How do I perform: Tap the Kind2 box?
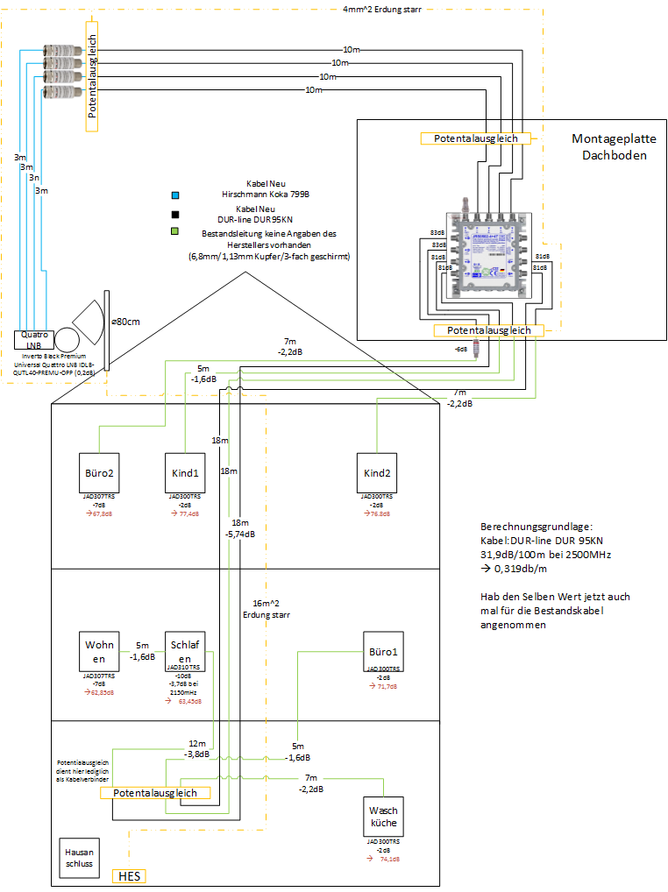click(376, 474)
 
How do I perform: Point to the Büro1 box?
click(382, 652)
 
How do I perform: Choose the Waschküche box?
click(384, 818)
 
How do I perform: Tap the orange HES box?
click(130, 876)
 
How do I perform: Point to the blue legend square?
click(175, 195)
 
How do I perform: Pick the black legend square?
click(175, 214)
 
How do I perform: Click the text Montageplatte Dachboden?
click(609, 146)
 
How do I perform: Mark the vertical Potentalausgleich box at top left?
click(91, 78)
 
